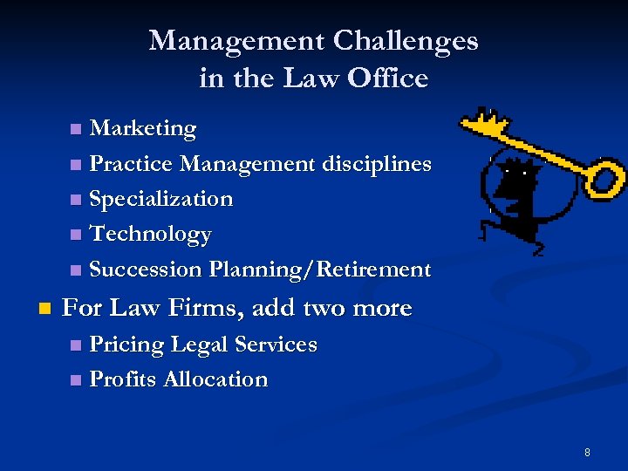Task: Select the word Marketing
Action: point(143,129)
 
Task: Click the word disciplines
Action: point(377,164)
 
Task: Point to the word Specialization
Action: point(161,199)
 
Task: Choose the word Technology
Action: point(150,235)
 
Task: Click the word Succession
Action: point(146,270)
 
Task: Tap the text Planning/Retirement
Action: point(320,270)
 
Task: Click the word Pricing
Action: point(127,345)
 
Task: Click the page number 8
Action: point(587,452)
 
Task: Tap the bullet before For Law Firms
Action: point(45,309)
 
